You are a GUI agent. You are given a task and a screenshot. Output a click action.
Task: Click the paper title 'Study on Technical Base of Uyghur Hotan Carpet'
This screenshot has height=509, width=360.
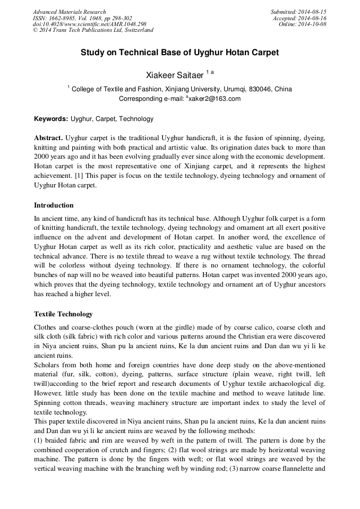[179, 53]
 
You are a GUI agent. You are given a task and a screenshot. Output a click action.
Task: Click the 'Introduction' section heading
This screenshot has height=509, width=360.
[54, 205]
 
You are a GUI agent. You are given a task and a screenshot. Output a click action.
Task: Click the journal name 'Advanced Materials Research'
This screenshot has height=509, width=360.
[69, 12]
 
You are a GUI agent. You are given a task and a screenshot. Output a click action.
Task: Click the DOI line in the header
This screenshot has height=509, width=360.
[89, 24]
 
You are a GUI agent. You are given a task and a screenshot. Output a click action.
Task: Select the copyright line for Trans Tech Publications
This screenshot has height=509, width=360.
[93, 30]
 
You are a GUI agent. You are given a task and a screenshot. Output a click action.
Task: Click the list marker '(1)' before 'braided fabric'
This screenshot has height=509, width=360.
[39, 441]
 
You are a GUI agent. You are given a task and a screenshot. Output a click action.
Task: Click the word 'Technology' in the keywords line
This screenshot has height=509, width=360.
[138, 119]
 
